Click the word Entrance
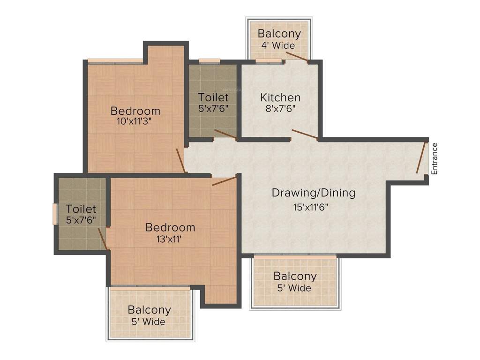coord(434,158)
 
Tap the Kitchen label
coord(280,97)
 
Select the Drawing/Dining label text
coord(314,192)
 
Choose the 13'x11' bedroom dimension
coord(170,239)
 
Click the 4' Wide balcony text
coord(278,45)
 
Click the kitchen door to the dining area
coord(305,135)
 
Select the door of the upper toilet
coord(225,135)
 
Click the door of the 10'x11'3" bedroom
coord(181,160)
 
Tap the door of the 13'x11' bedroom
coord(224,181)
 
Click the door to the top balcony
coord(297,57)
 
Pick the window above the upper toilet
coord(209,60)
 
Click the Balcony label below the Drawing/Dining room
coord(295,276)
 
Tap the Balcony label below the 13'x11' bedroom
coord(149,310)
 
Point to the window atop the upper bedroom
coord(115,60)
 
